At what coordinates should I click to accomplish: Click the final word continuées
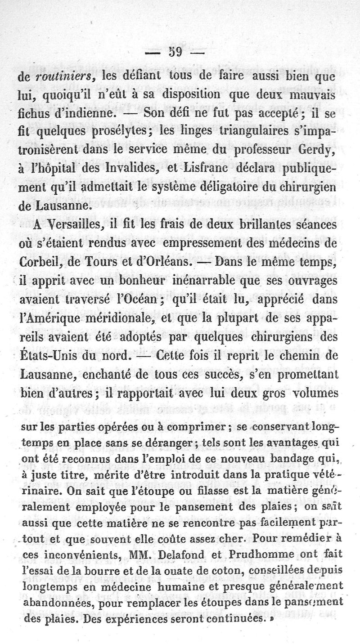[x=231, y=618]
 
